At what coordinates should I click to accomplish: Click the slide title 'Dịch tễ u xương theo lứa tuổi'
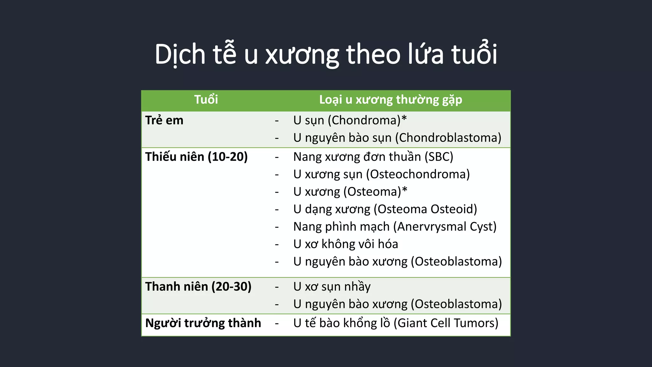coord(326,54)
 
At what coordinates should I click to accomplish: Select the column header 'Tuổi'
coord(206,100)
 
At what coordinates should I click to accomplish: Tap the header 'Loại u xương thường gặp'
coord(391,100)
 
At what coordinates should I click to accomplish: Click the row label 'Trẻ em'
coord(164,120)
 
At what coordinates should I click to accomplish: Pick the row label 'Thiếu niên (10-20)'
coord(196,157)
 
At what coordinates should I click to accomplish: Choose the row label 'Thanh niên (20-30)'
coord(198,286)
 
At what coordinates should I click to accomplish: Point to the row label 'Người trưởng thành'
coord(203,323)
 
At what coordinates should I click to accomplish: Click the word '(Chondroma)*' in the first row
coord(367,120)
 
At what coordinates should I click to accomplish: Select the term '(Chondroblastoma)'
coord(448,138)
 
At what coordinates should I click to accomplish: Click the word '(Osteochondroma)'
coord(418,174)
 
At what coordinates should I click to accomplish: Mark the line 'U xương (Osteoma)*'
coord(350,192)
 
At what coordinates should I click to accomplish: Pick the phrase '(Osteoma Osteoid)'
coord(425,209)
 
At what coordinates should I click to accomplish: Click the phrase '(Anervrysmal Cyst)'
coord(445,227)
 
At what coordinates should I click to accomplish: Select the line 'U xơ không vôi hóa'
coord(345,244)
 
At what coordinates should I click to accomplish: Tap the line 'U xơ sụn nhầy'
coord(332,287)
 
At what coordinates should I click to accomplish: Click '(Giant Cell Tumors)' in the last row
coord(446,323)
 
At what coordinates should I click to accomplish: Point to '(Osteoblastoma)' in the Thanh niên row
coord(456,304)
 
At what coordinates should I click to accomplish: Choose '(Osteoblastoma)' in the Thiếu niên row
coord(456,262)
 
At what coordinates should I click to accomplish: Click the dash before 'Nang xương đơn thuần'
coord(277,157)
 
